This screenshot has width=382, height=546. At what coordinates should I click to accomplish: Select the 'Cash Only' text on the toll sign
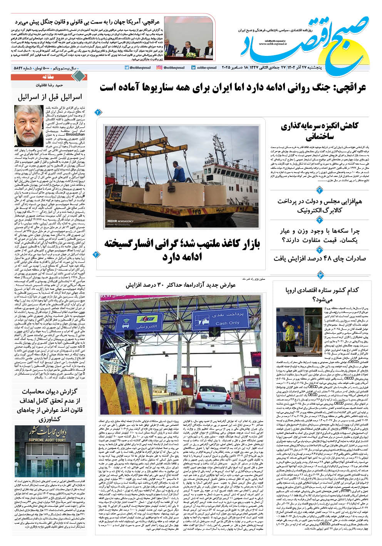[227, 323]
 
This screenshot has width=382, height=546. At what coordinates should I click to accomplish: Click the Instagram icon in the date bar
[159, 68]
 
